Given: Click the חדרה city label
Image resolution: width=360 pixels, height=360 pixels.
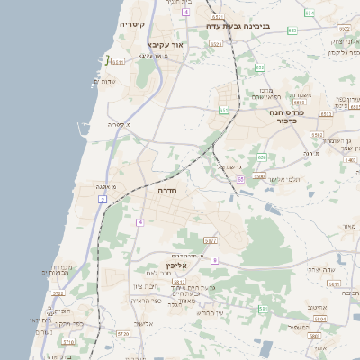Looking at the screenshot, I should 167,191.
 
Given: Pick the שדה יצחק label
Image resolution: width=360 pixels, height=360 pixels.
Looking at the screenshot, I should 320,269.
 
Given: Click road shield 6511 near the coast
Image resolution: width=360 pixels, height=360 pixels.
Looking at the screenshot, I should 117,60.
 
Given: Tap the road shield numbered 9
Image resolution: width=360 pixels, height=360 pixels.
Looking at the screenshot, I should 214,260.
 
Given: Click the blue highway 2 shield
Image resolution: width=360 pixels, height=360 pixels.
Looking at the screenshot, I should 103,199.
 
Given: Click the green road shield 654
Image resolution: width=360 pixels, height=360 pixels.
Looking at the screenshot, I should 309,13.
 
